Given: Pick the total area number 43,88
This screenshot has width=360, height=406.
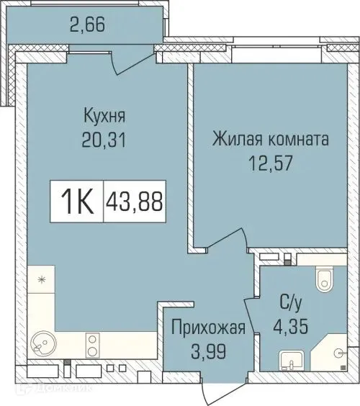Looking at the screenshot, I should coord(135,200).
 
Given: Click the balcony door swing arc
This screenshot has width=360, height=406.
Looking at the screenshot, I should coord(134,61).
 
